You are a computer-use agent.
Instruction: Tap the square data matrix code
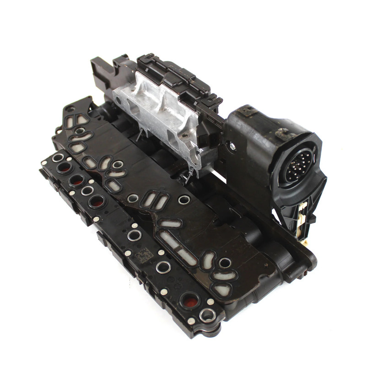point(145,254)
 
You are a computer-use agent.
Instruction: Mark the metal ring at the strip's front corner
point(208,314)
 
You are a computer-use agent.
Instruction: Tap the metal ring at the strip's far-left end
point(58,158)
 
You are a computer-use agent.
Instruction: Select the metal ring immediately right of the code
point(162,266)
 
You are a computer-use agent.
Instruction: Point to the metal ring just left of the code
point(135,236)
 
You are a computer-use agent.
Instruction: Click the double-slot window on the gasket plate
point(150,200)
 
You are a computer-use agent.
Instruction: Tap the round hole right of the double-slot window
point(184,199)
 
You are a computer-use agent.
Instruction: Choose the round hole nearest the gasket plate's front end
point(225,263)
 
